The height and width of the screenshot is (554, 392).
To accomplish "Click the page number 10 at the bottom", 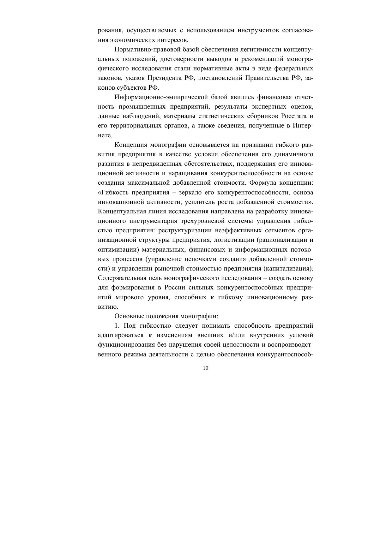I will [206, 368].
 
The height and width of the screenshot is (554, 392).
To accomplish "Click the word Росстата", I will [292, 116].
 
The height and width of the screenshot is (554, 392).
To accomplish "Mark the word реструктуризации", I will [183, 230].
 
